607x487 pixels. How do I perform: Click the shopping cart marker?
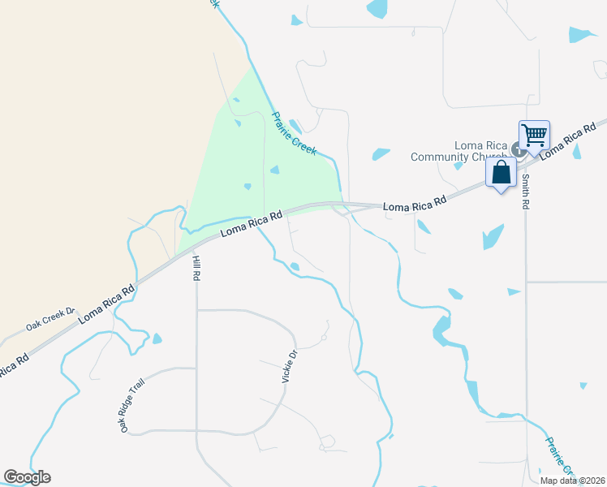534,135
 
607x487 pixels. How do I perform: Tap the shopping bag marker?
501,172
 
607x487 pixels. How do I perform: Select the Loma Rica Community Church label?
458,152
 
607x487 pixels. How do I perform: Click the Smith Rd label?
525,192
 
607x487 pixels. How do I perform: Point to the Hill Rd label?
196,268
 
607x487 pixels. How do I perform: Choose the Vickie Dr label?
290,365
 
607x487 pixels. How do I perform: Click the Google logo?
27,477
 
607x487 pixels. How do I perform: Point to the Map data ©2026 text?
572,481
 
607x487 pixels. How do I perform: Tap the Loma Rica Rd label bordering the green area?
252,225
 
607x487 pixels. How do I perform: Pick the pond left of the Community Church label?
380,153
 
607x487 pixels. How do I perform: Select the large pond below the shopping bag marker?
492,236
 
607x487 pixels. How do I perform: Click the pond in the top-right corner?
583,34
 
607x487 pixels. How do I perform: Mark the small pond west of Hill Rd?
157,338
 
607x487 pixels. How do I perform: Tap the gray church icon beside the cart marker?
517,149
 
